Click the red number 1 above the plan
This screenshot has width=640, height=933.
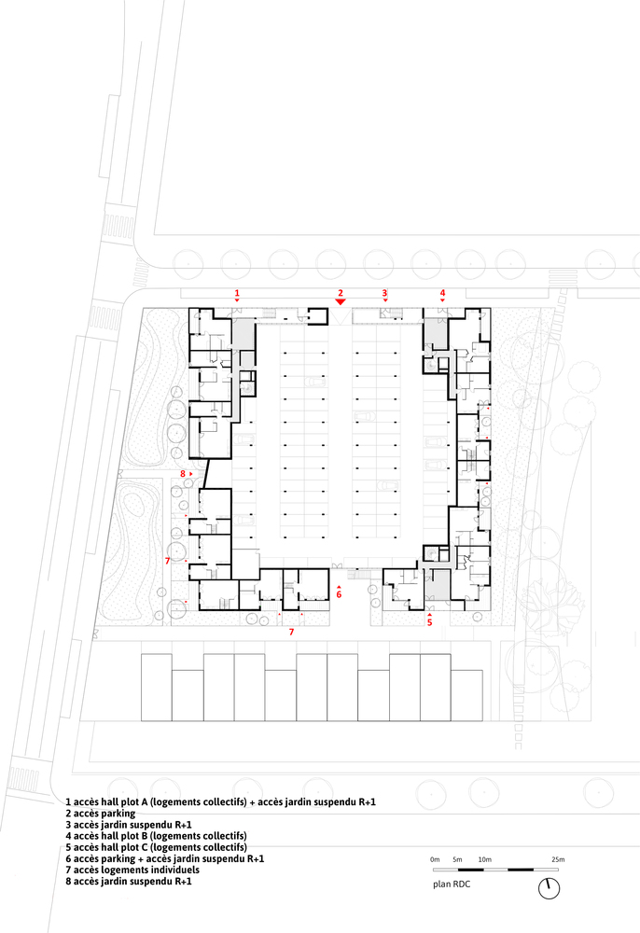(237, 293)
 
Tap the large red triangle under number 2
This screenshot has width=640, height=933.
(341, 302)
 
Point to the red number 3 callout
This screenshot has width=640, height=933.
(384, 293)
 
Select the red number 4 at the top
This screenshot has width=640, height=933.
(442, 293)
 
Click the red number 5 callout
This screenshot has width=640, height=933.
(429, 622)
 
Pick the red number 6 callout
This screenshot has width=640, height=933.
(339, 593)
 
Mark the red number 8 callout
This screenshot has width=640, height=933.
(183, 474)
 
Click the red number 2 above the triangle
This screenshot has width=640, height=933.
(341, 293)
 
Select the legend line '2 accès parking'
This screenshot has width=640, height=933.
(101, 814)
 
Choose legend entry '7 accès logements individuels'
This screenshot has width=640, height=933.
(132, 870)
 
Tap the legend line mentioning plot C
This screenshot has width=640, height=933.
(157, 847)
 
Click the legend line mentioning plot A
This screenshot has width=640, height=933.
(221, 802)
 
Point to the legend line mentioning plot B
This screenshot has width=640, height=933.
(157, 836)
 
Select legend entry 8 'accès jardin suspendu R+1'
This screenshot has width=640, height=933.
(129, 882)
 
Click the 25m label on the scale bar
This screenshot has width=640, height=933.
(558, 859)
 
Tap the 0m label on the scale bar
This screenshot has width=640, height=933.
(435, 859)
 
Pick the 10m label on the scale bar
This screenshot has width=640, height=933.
(485, 859)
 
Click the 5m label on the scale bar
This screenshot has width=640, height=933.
(457, 859)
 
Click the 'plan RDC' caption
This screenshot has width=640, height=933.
(452, 884)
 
